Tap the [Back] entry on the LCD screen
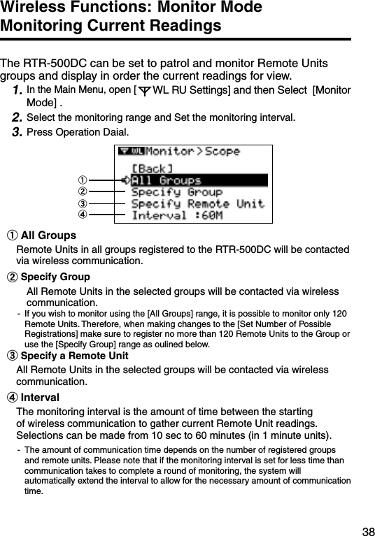point(152,168)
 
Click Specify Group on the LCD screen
point(176,191)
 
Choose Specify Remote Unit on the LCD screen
point(197,203)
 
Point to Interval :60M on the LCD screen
point(177,215)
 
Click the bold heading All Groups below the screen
point(48,235)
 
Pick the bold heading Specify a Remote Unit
point(74,356)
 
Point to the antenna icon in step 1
point(143,92)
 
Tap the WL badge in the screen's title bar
point(137,151)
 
